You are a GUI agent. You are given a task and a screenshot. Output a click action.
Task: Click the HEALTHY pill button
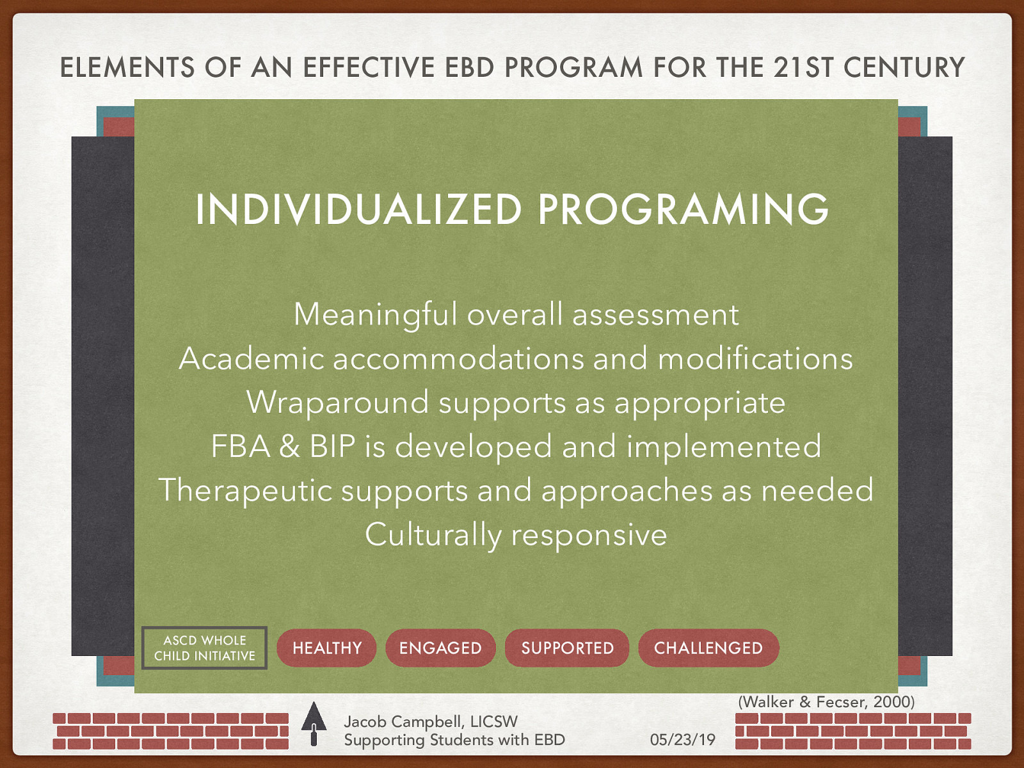pos(326,648)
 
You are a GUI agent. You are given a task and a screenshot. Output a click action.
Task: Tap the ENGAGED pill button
pos(440,648)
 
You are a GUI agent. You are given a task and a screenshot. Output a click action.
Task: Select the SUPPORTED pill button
pos(567,648)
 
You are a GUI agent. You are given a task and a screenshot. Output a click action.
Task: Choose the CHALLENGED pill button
pos(708,648)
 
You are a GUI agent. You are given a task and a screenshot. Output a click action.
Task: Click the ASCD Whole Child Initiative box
pos(204,648)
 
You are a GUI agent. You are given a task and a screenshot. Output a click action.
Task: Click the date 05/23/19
pos(682,740)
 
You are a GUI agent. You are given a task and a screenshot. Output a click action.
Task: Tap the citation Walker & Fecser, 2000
pos(826,701)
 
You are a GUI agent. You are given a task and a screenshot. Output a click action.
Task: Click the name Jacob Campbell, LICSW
pos(431,721)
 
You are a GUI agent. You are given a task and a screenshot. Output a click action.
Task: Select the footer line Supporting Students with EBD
pos(454,740)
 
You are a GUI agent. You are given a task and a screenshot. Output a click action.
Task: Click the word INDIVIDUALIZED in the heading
pos(359,209)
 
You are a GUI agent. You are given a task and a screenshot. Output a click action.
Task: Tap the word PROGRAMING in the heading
pos(683,209)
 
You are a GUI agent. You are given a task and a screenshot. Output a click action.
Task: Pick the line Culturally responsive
pos(516,534)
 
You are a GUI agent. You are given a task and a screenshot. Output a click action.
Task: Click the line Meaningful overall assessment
pos(516,314)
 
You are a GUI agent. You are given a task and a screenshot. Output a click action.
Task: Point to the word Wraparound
pos(338,403)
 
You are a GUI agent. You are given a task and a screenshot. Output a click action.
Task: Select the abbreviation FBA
pos(240,446)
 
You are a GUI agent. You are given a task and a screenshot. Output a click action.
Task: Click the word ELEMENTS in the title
pos(127,67)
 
